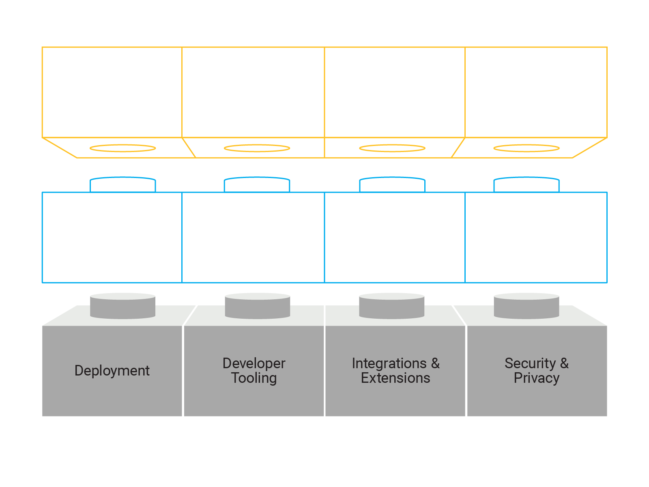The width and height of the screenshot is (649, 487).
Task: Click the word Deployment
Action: pyautogui.click(x=112, y=371)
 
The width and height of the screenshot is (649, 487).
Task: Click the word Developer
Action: pyautogui.click(x=254, y=363)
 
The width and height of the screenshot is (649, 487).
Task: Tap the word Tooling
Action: pyautogui.click(x=254, y=378)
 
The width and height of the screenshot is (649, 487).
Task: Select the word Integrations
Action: pyautogui.click(x=389, y=363)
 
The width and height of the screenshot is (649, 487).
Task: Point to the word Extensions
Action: pyautogui.click(x=395, y=378)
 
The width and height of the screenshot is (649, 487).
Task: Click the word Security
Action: pyautogui.click(x=530, y=363)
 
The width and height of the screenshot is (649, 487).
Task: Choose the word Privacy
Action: pyautogui.click(x=536, y=378)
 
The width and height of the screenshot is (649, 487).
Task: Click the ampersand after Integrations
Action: pyautogui.click(x=435, y=363)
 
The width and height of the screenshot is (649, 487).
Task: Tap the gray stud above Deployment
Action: pyautogui.click(x=122, y=306)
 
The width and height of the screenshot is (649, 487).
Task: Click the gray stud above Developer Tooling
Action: pyautogui.click(x=257, y=306)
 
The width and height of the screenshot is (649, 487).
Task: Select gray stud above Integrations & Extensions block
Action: pyautogui.click(x=392, y=306)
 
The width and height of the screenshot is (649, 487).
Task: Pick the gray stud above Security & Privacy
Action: pyautogui.click(x=527, y=306)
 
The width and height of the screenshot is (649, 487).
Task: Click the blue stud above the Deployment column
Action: pyautogui.click(x=122, y=185)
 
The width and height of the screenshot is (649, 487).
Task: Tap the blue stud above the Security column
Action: pyautogui.click(x=527, y=185)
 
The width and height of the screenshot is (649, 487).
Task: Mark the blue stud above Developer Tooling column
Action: pyautogui.click(x=257, y=185)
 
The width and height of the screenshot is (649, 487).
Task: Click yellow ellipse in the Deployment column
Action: pyautogui.click(x=122, y=148)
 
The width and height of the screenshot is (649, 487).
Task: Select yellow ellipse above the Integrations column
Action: pyautogui.click(x=392, y=148)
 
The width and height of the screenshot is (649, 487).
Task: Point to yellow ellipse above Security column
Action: pyautogui.click(x=527, y=148)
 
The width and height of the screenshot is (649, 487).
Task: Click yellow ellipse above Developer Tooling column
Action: pyautogui.click(x=257, y=148)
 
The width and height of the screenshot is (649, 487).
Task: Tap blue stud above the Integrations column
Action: pyautogui.click(x=392, y=185)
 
